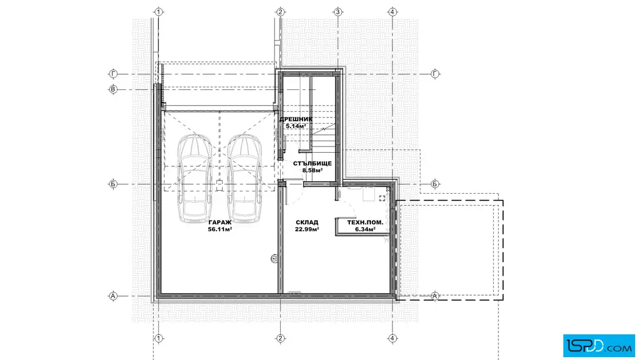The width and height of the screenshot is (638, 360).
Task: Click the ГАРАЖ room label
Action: [220, 223]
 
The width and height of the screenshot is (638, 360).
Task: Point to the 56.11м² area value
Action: [220, 230]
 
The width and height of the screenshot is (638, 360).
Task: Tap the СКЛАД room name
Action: [307, 223]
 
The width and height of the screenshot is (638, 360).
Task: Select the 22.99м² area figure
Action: [307, 230]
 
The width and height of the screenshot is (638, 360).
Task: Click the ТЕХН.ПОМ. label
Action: [365, 223]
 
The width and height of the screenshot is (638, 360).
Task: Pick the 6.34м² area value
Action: [365, 230]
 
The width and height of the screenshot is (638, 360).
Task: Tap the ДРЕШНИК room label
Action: [296, 119]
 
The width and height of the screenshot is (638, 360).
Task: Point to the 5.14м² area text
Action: [296, 126]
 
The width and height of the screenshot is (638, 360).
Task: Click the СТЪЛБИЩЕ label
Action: [313, 163]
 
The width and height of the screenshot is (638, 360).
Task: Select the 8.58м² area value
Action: [313, 170]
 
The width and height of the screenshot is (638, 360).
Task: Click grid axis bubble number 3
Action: [337, 12]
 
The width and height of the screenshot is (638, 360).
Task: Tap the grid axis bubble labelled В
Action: [113, 89]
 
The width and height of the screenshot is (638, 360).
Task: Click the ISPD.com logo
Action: [599, 346]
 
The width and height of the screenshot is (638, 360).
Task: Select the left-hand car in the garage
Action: [195, 178]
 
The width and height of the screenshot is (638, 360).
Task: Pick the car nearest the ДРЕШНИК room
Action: [244, 178]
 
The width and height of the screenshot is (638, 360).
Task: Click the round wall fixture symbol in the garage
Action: [274, 258]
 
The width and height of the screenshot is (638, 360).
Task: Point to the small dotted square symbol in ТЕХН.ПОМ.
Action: [382, 198]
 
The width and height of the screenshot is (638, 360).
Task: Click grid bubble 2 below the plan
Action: [280, 338]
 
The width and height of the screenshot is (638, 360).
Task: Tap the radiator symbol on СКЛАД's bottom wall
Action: [295, 292]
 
